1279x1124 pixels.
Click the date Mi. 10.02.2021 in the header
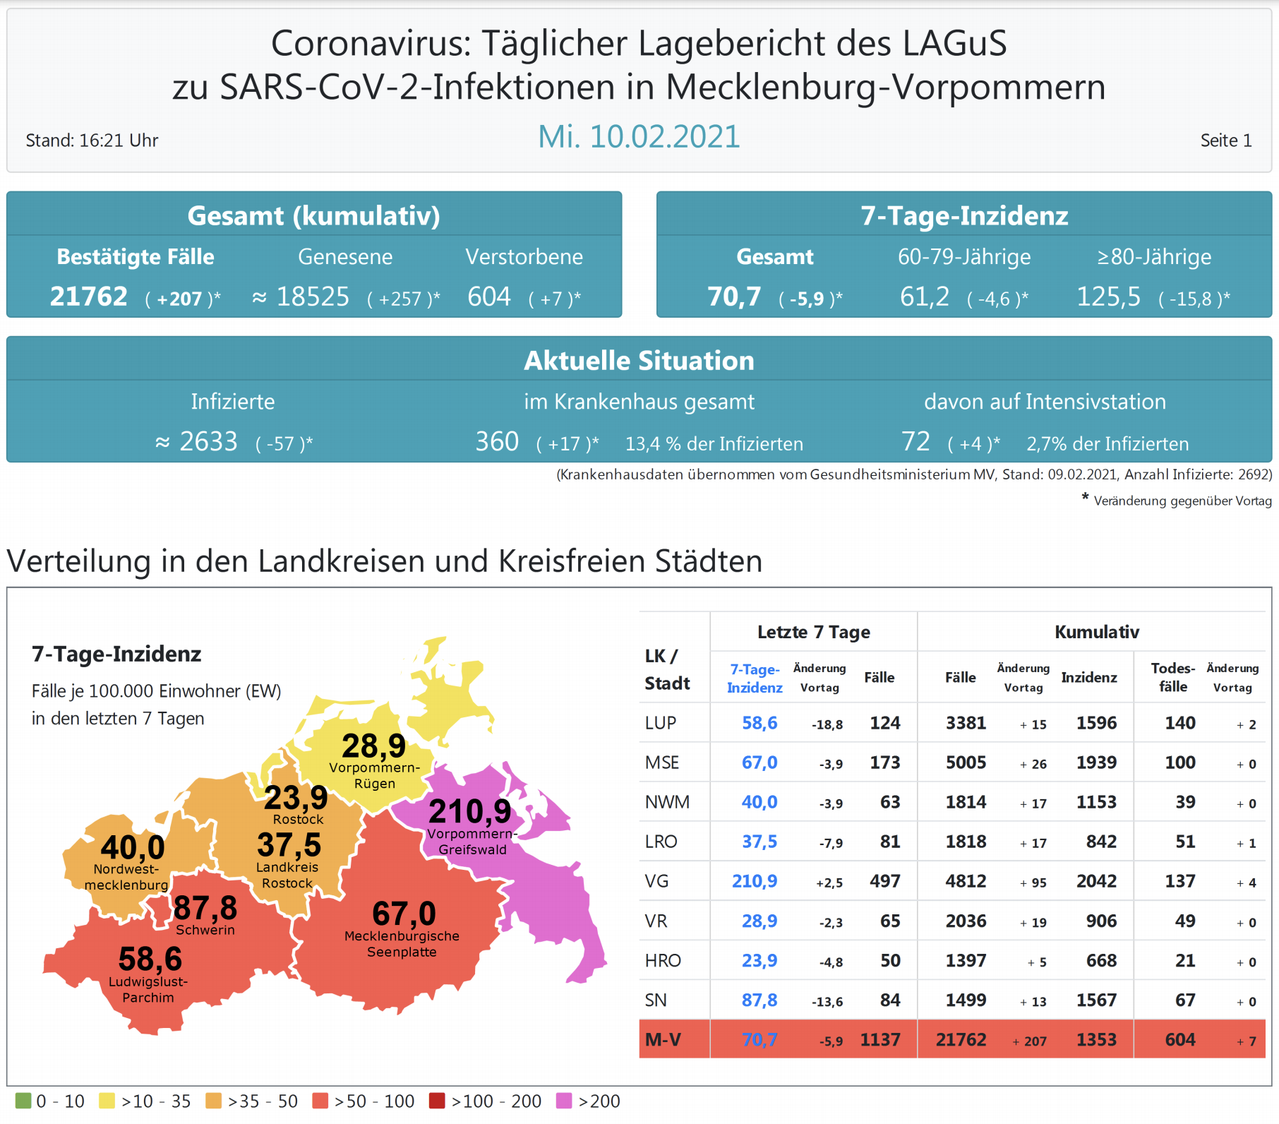click(x=639, y=136)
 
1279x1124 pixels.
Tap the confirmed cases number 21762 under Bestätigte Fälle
click(x=89, y=297)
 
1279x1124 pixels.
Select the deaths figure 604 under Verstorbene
click(x=488, y=297)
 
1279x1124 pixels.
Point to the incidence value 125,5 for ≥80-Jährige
click(x=1108, y=297)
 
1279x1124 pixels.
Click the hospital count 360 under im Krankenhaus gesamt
click(x=497, y=442)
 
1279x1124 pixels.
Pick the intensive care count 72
click(x=915, y=442)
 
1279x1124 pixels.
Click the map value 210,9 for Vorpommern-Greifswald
click(x=469, y=811)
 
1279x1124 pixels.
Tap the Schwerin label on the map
click(x=205, y=930)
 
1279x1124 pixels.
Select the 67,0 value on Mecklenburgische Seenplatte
click(x=404, y=914)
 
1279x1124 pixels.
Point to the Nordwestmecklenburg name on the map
click(x=126, y=877)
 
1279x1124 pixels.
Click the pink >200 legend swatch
click(x=564, y=1101)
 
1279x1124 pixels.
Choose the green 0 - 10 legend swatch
click(x=23, y=1101)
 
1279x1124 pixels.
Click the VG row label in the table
click(x=656, y=881)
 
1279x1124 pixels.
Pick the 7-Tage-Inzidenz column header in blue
click(x=755, y=678)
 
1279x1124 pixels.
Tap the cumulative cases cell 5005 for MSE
click(x=966, y=763)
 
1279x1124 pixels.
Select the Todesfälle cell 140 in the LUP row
click(x=1179, y=723)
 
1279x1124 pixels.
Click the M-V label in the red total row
click(x=663, y=1039)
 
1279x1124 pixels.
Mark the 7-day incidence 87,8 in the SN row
click(x=759, y=1000)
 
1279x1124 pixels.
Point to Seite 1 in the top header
click(x=1225, y=140)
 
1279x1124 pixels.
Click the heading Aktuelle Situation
click(x=639, y=361)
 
